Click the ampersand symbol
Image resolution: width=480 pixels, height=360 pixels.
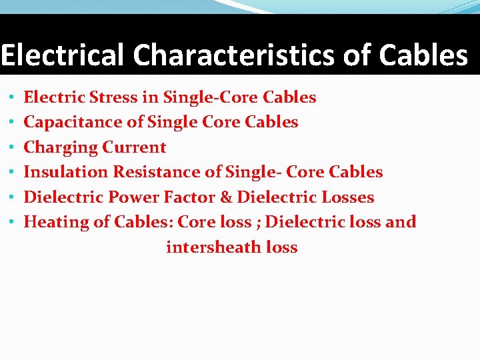(229, 197)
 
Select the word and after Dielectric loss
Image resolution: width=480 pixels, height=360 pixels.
(401, 222)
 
